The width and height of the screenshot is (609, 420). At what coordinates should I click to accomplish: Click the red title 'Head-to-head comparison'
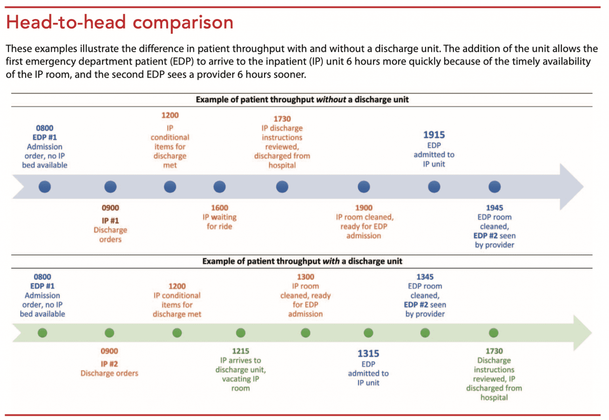[x=120, y=22]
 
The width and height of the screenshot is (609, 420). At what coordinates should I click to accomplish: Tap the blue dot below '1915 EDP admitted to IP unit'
[x=434, y=187]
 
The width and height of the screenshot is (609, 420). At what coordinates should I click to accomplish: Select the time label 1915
[x=434, y=135]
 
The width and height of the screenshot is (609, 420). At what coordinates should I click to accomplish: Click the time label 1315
[x=368, y=353]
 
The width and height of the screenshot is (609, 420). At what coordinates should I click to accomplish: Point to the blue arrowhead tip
[x=584, y=187]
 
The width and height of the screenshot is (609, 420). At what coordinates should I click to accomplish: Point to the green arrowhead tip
[x=592, y=333]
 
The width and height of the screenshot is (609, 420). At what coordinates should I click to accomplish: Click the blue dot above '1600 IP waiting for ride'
[x=219, y=187]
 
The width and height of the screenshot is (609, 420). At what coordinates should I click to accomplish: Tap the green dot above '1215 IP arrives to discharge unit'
[x=241, y=333]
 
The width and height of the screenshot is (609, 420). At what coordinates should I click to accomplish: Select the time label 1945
[x=494, y=208]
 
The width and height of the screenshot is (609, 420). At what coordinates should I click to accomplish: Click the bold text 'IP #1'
[x=110, y=221]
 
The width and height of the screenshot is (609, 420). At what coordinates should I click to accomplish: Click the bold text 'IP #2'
[x=109, y=364]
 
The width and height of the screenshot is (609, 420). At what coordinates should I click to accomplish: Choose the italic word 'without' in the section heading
[x=331, y=100]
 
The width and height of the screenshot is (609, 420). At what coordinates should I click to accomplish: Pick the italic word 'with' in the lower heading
[x=331, y=262]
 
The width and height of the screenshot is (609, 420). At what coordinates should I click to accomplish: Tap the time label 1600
[x=220, y=208]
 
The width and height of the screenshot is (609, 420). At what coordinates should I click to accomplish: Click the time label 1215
[x=241, y=351]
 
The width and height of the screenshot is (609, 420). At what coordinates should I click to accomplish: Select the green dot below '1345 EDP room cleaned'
[x=425, y=333]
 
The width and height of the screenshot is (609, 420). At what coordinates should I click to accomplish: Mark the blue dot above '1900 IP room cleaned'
[x=364, y=187]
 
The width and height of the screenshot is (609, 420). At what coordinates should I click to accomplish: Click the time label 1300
[x=306, y=277]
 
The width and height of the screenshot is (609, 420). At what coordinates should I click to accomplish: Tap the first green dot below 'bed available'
[x=42, y=333]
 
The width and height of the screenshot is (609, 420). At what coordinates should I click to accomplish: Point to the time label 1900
[x=364, y=208]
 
